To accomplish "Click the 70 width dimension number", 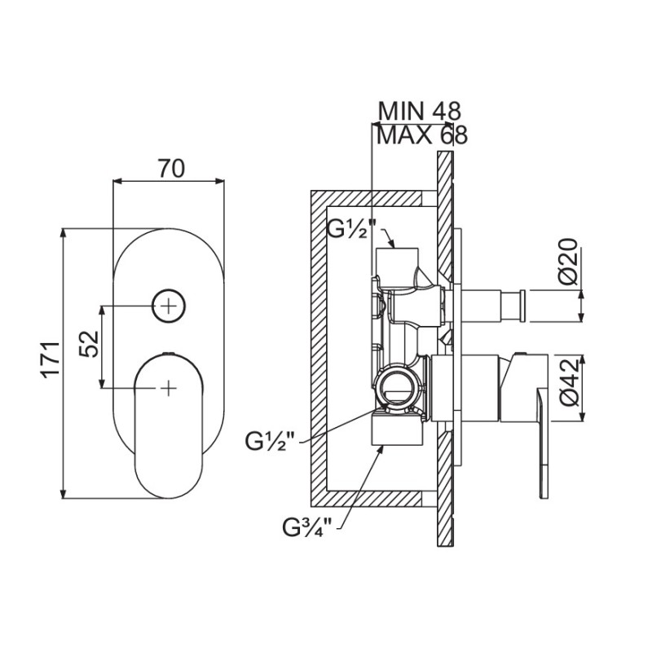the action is click(170, 169).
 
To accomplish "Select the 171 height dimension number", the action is click(51, 360).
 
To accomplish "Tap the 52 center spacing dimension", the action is click(89, 344).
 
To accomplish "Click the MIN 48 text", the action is click(419, 111).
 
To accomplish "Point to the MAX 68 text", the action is click(422, 135).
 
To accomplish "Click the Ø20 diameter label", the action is click(568, 261).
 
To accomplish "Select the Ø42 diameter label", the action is click(569, 381).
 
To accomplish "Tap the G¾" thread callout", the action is click(307, 527).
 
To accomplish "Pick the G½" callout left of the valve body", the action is click(270, 442).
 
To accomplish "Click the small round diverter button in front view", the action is click(169, 306).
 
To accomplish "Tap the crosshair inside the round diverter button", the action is click(169, 306).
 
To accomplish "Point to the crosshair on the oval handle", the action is click(169, 388).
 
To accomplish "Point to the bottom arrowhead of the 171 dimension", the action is click(64, 494).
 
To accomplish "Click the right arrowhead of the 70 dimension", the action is click(219, 181).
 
